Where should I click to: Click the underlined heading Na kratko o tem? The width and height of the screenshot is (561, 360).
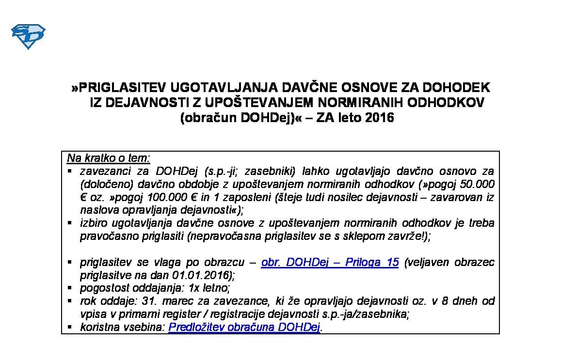click(x=109, y=158)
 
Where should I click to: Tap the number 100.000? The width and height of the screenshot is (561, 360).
click(x=158, y=197)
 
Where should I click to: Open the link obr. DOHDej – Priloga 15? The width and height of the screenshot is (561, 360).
click(x=330, y=262)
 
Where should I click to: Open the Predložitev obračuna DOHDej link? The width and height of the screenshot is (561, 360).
click(x=244, y=328)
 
